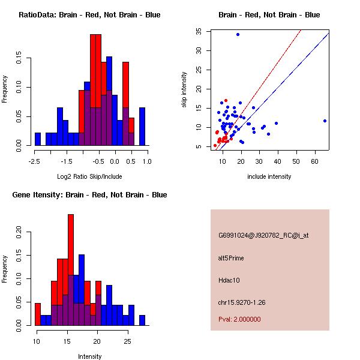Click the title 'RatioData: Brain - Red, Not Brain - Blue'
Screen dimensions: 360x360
pyautogui.click(x=89, y=15)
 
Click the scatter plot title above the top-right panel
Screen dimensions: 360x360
pyautogui.click(x=269, y=15)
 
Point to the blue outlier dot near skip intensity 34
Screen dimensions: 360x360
pyautogui.click(x=238, y=34)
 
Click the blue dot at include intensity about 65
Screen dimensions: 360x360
pyautogui.click(x=325, y=121)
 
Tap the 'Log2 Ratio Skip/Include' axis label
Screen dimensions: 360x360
pyautogui.click(x=89, y=176)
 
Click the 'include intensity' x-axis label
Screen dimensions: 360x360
pyautogui.click(x=269, y=176)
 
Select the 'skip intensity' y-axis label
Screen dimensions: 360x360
pyautogui.click(x=185, y=90)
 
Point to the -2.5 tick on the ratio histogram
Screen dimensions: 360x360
pyautogui.click(x=35, y=161)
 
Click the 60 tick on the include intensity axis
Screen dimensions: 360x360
pyautogui.click(x=315, y=161)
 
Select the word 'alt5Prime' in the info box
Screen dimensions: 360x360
pyautogui.click(x=232, y=258)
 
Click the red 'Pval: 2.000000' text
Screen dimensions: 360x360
pyautogui.click(x=241, y=320)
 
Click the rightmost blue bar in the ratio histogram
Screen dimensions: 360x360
pyautogui.click(x=142, y=127)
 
